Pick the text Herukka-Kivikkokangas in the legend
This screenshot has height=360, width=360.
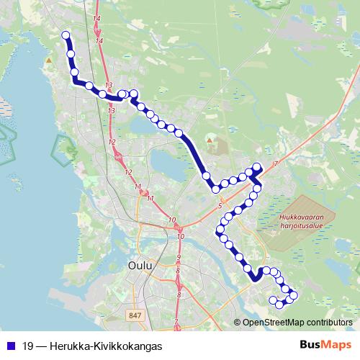point(106,346)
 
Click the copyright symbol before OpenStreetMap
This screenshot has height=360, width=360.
point(238,323)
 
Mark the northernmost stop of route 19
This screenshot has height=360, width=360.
point(66,35)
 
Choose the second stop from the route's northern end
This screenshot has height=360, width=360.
point(71,53)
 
